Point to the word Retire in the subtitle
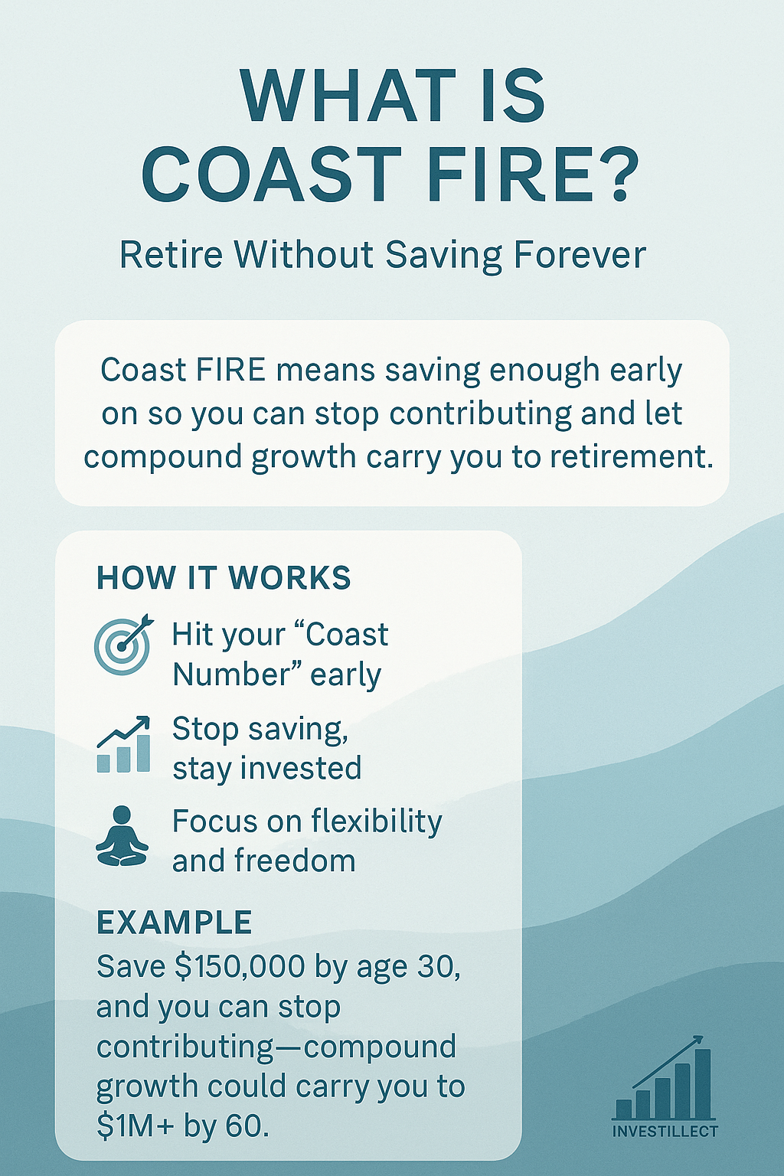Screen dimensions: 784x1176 [x=171, y=255]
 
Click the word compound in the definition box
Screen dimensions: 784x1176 [x=163, y=458]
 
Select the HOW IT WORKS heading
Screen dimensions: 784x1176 [x=224, y=577]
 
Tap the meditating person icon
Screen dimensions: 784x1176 [x=122, y=836]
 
